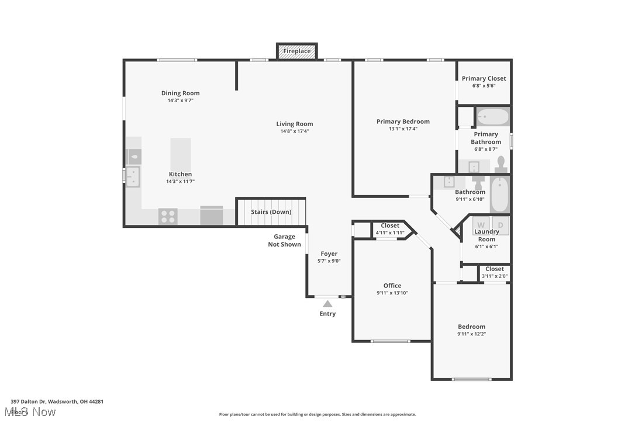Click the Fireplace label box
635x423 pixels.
point(297,51)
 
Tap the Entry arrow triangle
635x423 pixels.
point(327,303)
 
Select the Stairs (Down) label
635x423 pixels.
point(271,211)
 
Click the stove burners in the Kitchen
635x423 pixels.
point(168,216)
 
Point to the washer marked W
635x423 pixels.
point(481,224)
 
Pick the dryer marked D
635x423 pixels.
point(501,224)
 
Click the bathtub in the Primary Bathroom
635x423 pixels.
point(492,117)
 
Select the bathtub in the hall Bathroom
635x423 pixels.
point(500,195)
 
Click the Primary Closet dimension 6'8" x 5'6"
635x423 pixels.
point(484,86)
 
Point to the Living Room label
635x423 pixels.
point(295,124)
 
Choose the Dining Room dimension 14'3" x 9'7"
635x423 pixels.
point(180,100)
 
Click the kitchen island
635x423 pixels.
point(180,154)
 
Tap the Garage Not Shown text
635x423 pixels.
point(284,241)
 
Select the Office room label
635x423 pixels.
point(392,286)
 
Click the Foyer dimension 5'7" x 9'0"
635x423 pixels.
point(329,261)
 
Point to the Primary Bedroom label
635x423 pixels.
point(403,122)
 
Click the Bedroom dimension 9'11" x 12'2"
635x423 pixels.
point(471,334)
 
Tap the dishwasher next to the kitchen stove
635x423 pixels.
point(212,216)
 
